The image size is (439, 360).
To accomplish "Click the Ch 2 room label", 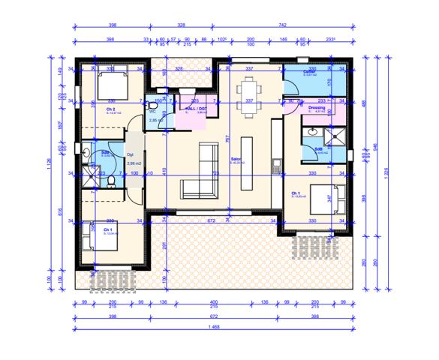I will click(110, 109).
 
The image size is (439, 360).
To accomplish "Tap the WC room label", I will click(152, 112).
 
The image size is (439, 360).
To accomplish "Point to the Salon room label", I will click(235, 159).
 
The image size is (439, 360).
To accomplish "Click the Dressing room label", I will click(317, 108).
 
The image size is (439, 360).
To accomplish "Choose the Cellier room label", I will click(308, 73).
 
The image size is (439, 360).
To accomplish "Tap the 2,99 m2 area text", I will click(135, 163).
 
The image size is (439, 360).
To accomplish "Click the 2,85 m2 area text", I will click(156, 121).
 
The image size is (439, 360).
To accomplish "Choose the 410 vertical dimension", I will click(165, 169).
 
